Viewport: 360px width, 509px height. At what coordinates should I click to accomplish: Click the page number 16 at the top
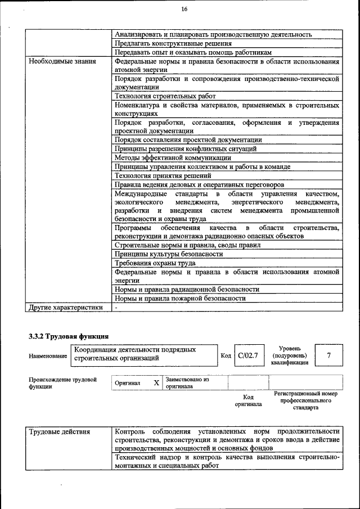(184, 8)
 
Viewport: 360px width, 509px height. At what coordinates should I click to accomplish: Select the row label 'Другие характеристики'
(66, 307)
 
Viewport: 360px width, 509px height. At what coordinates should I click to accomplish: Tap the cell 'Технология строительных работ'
(160, 96)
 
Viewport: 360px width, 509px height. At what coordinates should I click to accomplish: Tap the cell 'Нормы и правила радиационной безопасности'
(186, 289)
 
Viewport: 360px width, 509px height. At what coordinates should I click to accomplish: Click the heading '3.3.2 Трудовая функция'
(69, 336)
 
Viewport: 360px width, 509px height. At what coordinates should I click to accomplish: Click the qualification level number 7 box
(328, 355)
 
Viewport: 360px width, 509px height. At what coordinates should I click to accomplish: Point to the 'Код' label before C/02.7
(226, 356)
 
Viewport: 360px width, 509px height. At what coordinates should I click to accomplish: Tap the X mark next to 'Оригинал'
(156, 382)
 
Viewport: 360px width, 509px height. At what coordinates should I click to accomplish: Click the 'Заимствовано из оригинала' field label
(187, 383)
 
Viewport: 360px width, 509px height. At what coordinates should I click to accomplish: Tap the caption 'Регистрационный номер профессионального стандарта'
(305, 401)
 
